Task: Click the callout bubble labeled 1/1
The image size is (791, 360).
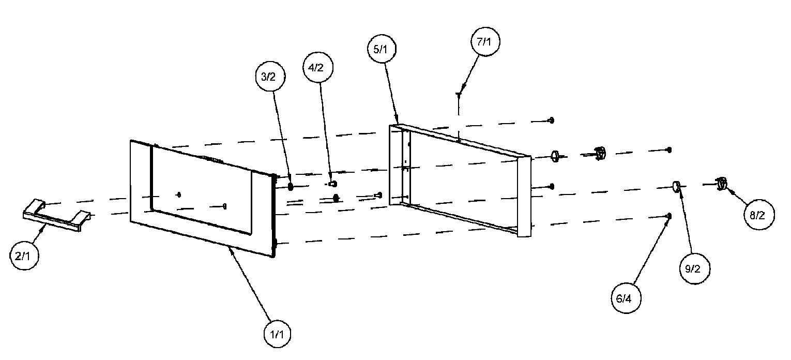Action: pyautogui.click(x=277, y=334)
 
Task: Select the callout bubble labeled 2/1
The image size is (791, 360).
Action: pyautogui.click(x=24, y=256)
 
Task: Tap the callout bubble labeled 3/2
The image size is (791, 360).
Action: pyautogui.click(x=270, y=77)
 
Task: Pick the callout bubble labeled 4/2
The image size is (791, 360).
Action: pyautogui.click(x=318, y=67)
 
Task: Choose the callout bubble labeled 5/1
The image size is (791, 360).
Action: pyautogui.click(x=382, y=49)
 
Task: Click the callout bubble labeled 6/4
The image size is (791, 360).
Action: pyautogui.click(x=626, y=298)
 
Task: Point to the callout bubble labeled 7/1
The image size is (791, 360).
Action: pyautogui.click(x=485, y=42)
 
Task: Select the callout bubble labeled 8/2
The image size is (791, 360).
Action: pyautogui.click(x=759, y=215)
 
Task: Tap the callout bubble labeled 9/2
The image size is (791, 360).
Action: pyautogui.click(x=695, y=268)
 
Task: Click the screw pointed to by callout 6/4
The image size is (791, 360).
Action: pyautogui.click(x=668, y=216)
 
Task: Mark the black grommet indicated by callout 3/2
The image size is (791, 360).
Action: pyautogui.click(x=291, y=186)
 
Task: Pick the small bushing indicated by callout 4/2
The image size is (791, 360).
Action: pyautogui.click(x=332, y=184)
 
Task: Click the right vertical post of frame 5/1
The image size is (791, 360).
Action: pyautogui.click(x=524, y=197)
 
